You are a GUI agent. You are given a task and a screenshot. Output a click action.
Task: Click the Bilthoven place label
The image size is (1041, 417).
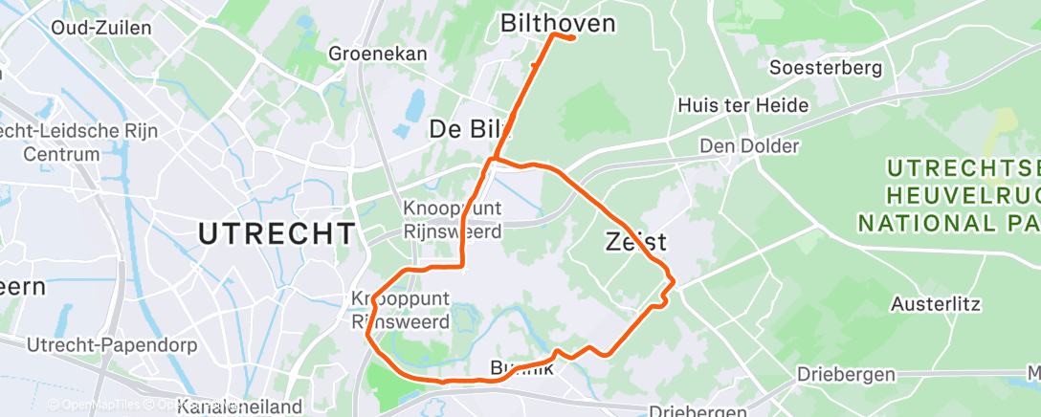(558, 22)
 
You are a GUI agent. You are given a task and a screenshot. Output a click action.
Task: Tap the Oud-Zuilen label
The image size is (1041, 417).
(101, 28)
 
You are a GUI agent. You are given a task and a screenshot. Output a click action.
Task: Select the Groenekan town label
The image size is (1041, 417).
(377, 54)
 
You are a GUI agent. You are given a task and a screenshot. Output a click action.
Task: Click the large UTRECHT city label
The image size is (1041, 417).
(277, 232)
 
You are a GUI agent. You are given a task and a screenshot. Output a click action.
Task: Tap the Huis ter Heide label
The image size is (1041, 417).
(742, 105)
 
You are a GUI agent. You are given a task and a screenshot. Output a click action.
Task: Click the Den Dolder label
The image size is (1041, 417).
(749, 146)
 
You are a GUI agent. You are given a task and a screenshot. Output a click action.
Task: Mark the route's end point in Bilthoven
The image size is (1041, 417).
(571, 38)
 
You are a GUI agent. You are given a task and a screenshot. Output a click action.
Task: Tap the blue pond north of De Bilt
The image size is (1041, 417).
(414, 104)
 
